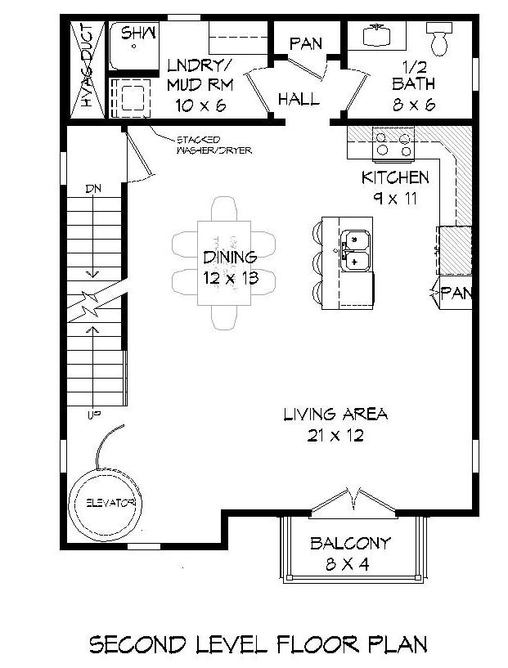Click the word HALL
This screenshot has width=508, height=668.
tap(299, 99)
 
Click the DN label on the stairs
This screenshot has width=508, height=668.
tap(94, 189)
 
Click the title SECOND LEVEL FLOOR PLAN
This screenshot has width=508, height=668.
tap(258, 644)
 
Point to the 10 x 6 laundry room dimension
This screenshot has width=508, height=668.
tap(200, 105)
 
